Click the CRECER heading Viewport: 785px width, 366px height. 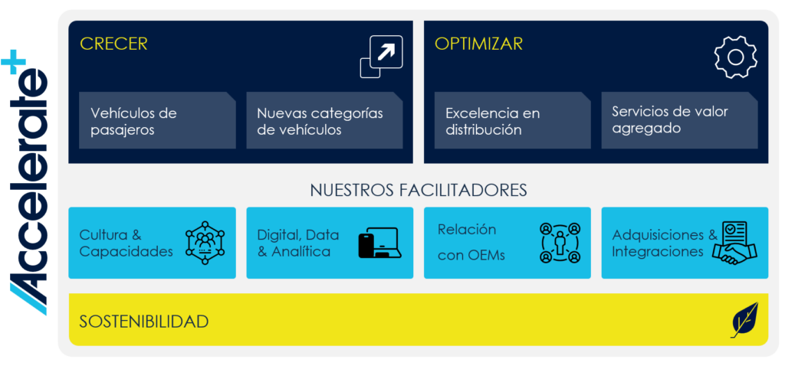coord(113,44)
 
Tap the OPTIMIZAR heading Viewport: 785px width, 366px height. coord(478,44)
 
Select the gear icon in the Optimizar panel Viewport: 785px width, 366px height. coord(735,57)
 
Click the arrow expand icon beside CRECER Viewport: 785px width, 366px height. coord(382,57)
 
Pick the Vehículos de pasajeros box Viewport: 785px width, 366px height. coord(157,120)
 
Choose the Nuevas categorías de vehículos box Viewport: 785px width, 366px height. coord(324,120)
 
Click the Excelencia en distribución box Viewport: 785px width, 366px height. coord(513,120)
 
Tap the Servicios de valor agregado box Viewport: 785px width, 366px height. coord(679,120)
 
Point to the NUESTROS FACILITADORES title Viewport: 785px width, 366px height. coord(419,191)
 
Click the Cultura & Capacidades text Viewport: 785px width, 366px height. coord(126,243)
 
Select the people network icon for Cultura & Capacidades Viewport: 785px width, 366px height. coord(205,243)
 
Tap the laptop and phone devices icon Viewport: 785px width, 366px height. coord(380,243)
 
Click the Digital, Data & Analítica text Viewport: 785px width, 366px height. coord(298,243)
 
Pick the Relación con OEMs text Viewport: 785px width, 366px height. coord(471,243)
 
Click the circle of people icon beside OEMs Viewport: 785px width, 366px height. coord(560,243)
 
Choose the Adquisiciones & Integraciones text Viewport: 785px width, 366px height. coord(665,243)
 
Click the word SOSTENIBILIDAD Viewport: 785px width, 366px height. coord(143,321)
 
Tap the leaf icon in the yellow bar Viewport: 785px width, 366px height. coord(744,320)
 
